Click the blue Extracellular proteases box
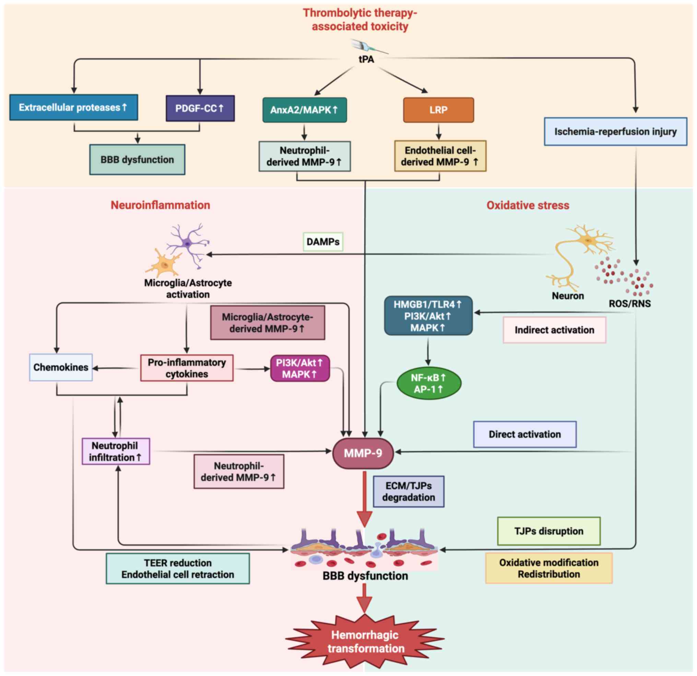74,107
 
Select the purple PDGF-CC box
200,108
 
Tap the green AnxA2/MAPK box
304,110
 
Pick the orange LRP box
438,110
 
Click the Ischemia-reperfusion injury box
615,132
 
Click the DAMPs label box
323,242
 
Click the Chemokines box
61,367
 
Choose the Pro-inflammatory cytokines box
187,368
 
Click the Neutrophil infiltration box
116,451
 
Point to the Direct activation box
524,434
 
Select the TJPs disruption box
549,531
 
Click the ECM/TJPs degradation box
408,492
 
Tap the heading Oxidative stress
528,205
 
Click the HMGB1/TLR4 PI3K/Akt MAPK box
428,316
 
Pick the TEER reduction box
178,569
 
